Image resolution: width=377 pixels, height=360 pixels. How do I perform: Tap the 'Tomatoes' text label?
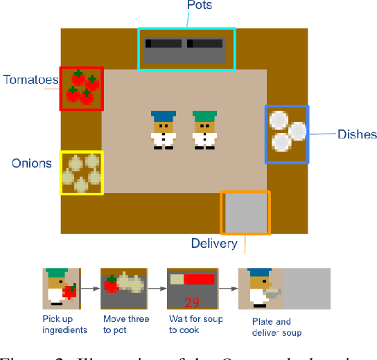(30, 80)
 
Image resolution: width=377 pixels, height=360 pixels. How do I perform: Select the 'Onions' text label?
(32, 163)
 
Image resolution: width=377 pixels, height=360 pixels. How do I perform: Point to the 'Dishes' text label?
(357, 134)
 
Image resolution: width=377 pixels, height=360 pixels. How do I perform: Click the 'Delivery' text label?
(214, 243)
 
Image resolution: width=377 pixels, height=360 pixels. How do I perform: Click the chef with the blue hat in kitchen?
(164, 129)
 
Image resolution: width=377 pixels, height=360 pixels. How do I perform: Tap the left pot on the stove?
(164, 44)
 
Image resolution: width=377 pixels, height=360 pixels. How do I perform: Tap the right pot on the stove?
(205, 44)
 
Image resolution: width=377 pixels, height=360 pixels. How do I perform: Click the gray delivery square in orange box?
(245, 213)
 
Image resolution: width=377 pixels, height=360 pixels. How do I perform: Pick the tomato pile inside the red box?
(81, 88)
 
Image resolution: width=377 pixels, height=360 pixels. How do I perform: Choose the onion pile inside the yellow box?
(81, 172)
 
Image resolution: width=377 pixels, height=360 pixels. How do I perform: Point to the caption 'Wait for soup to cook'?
(189, 325)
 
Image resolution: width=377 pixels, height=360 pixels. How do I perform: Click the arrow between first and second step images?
(91, 287)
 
